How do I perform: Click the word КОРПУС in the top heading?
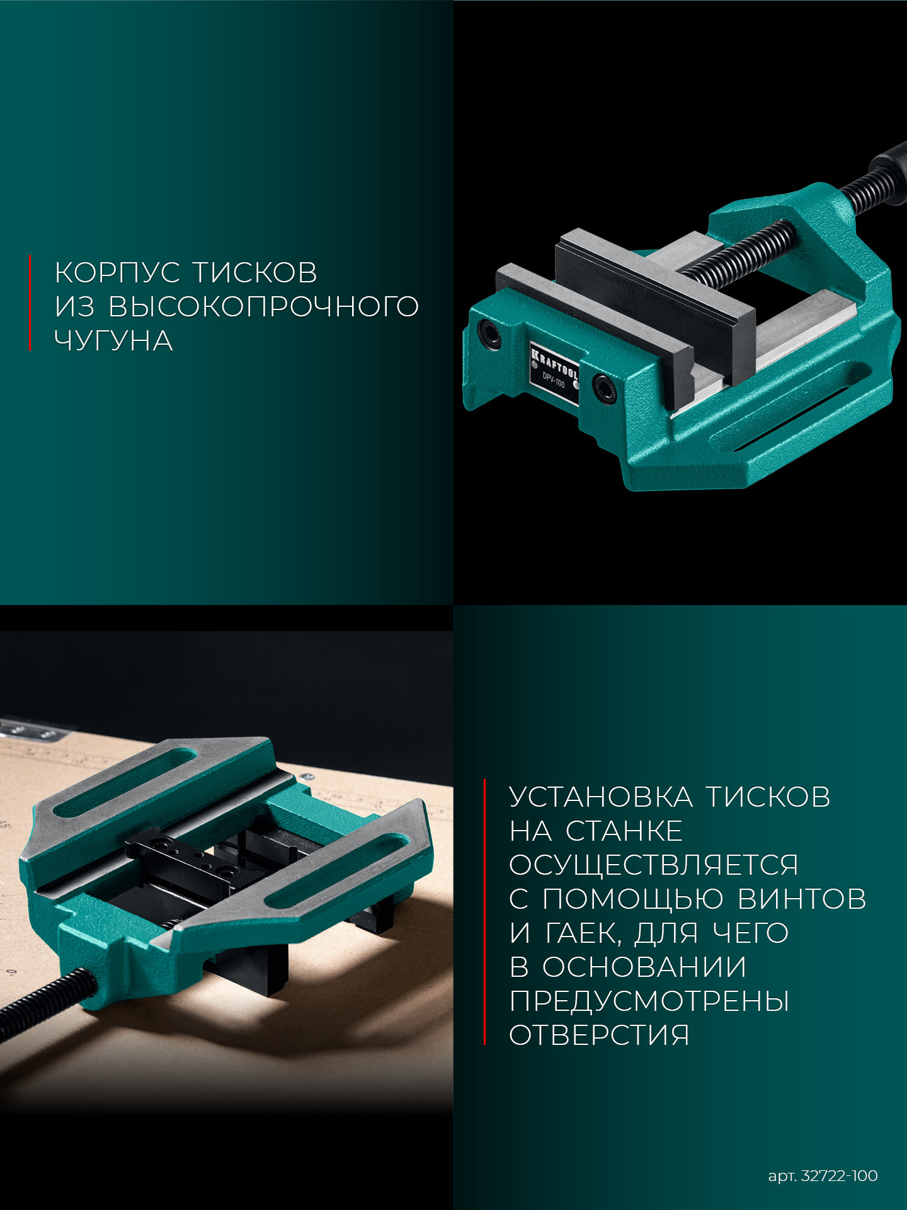118,272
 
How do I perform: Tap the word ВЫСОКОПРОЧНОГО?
263,306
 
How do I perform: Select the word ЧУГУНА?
113,340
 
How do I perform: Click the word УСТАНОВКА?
601,797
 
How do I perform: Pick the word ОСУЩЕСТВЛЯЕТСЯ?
654,865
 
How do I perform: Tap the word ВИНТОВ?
802,899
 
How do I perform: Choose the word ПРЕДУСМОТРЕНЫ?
649,1001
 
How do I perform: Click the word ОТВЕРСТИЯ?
599,1035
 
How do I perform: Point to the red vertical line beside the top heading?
30,302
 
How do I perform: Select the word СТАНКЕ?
624,831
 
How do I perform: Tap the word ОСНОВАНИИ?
644,967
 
